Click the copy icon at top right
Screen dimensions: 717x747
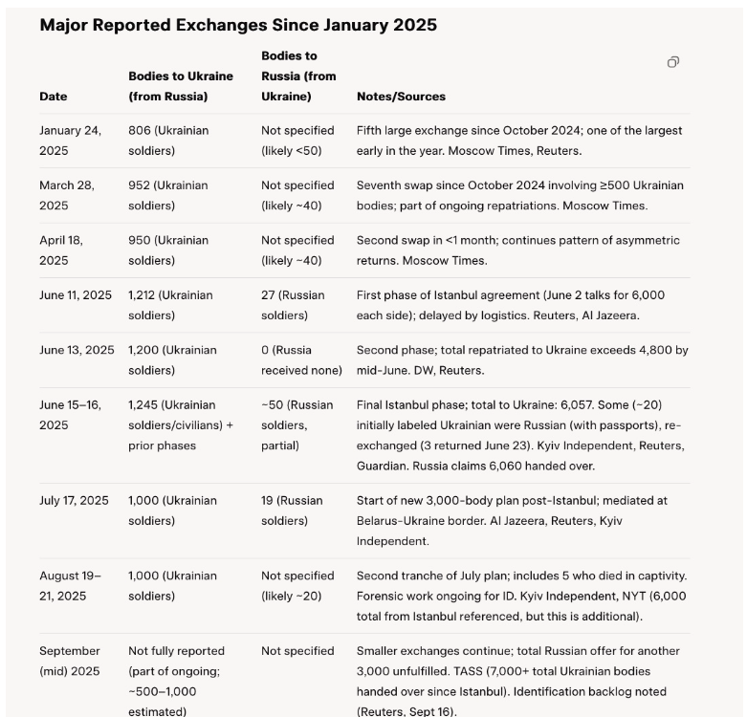(673, 62)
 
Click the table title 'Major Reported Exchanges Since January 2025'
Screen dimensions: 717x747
(238, 25)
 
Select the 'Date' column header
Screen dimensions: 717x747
(54, 97)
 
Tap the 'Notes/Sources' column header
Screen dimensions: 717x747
(401, 97)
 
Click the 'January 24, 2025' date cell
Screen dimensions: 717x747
(70, 141)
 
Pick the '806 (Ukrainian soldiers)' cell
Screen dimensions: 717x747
(168, 141)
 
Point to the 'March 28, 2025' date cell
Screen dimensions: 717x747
(66, 195)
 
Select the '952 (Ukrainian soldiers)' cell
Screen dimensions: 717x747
(168, 195)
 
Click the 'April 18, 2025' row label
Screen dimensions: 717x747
(61, 250)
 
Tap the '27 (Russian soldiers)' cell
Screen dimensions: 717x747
(293, 305)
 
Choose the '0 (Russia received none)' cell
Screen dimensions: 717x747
(298, 359)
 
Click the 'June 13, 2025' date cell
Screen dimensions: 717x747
(77, 350)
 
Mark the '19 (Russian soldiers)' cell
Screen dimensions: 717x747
(293, 511)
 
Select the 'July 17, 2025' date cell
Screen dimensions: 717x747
(74, 501)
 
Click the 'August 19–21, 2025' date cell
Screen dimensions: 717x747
(70, 586)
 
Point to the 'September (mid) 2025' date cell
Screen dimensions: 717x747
(70, 661)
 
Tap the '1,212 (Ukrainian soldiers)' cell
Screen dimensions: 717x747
(171, 305)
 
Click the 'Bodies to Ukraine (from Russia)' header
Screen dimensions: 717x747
(168, 86)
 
